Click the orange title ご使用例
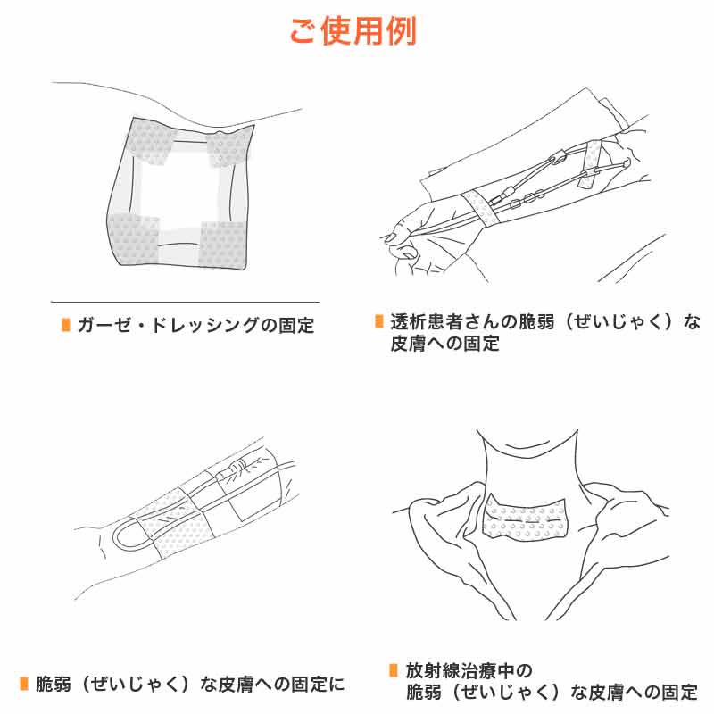pos(353,31)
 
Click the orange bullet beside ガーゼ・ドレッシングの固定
pos(66,325)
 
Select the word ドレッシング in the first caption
pos(203,325)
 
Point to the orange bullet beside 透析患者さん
pos(378,321)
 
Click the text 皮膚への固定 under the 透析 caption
pos(444,343)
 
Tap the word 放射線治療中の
pos(469,670)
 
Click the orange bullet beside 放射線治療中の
pos(394,670)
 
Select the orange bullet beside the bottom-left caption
pos(24,684)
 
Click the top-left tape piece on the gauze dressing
pos(150,141)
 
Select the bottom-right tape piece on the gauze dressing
pos(223,245)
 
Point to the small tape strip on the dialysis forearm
pos(592,164)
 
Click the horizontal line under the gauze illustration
pos(185,302)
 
